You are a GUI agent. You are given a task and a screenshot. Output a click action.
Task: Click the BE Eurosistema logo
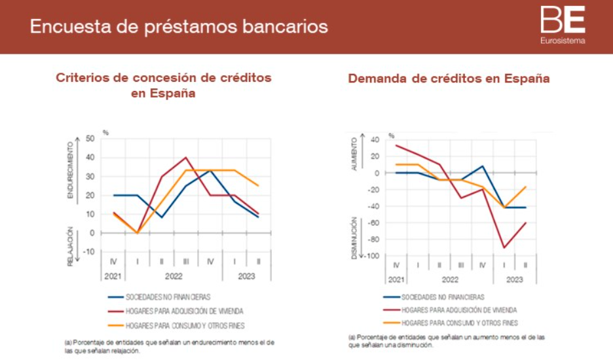coord(563,26)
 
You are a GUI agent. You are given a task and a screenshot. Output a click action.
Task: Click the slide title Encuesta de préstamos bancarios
coord(179,27)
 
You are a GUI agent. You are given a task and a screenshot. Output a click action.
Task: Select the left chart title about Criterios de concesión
coord(163,85)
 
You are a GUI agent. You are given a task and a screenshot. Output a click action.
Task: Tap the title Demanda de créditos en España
coord(449,79)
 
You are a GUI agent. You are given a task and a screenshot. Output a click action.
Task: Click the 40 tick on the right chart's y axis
coord(375,139)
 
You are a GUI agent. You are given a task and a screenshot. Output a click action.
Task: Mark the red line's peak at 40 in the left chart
coord(186,157)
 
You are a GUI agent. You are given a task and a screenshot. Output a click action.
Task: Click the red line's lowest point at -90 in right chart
coord(504,247)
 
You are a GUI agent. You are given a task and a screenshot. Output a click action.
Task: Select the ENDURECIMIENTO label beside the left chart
coord(70,171)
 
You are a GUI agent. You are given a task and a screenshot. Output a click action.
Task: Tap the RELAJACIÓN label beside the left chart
coord(70,247)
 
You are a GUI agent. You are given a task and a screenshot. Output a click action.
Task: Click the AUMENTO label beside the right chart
coord(355,154)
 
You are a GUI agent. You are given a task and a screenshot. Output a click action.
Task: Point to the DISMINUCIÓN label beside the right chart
coord(355,238)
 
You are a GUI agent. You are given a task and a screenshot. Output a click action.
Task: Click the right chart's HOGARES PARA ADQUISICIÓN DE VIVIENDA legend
coord(459,310)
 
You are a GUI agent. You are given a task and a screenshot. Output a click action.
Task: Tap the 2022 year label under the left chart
coord(174,276)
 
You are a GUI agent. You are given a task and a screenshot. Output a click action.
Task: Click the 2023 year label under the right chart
coord(515,279)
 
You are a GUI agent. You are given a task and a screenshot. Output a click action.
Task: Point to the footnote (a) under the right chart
coord(446,340)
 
